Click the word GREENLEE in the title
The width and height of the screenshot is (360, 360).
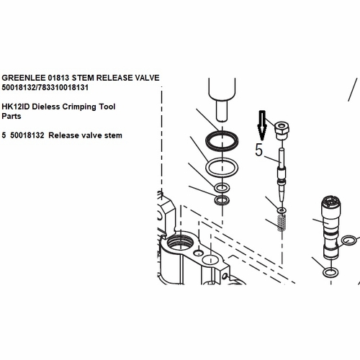point(24,78)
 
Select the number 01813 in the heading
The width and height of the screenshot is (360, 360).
point(58,78)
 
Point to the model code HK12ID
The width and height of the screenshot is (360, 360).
point(16,107)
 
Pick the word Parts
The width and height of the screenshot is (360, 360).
point(12,116)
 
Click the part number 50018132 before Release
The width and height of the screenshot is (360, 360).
point(27,135)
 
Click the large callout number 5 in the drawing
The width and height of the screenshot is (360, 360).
point(259,150)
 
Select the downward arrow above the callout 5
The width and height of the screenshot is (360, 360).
point(262,125)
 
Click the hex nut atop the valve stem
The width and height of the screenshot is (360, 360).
point(282,130)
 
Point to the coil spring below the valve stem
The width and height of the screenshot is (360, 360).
point(282,223)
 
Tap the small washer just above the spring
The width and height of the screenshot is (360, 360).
point(282,210)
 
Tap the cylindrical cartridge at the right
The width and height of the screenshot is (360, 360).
point(330,228)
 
